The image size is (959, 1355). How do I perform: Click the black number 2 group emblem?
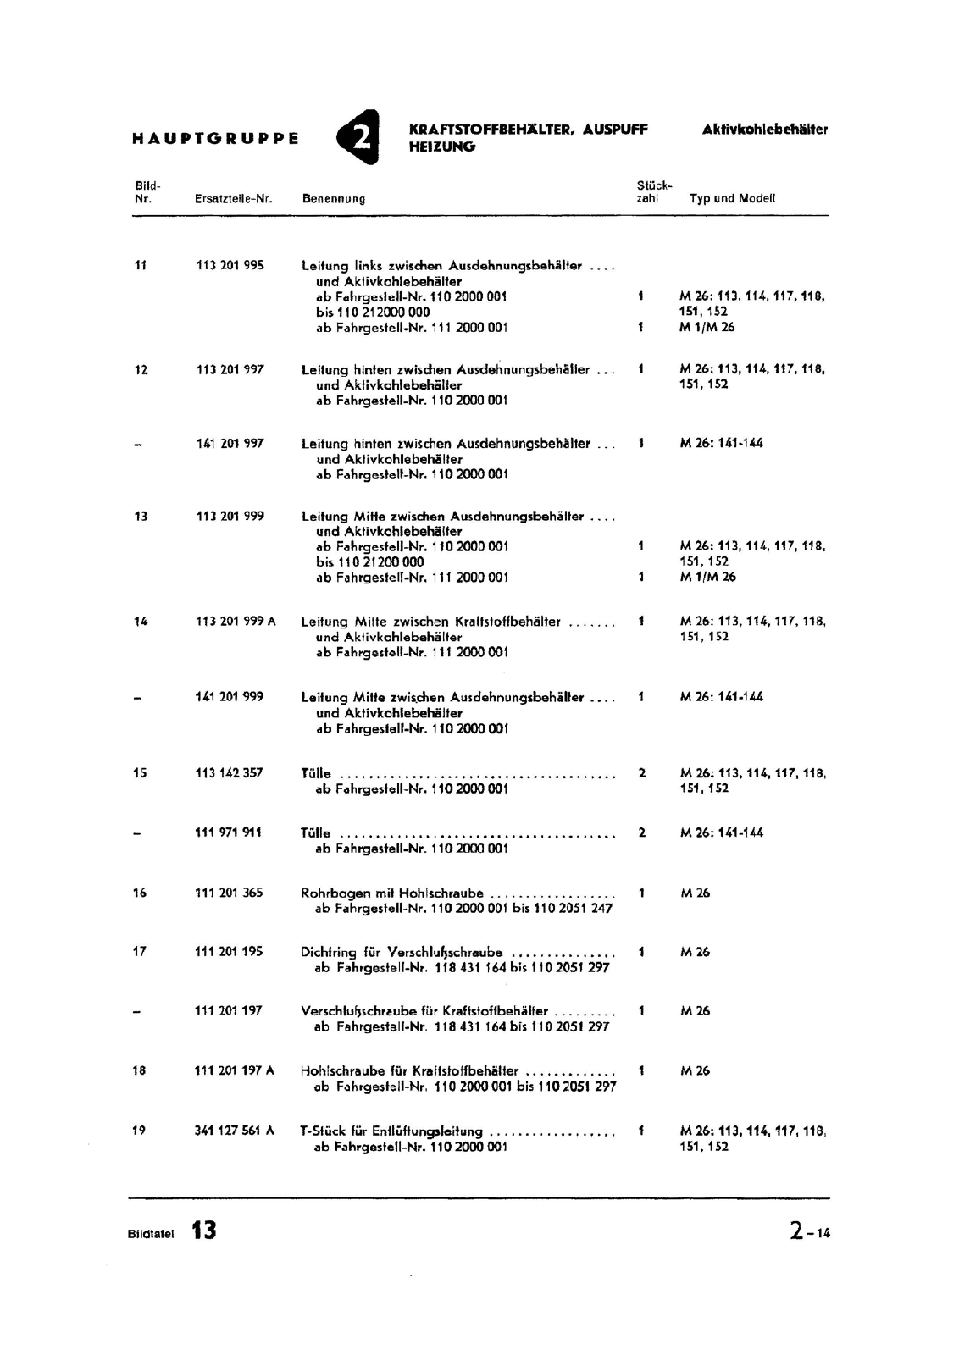(x=358, y=136)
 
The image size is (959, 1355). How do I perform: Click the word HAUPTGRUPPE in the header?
(x=216, y=138)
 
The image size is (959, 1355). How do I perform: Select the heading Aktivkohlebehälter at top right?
(x=764, y=130)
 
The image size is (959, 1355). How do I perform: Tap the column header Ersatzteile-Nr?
(x=233, y=199)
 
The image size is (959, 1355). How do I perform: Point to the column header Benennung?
(x=334, y=199)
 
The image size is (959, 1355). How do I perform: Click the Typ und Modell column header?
(x=732, y=199)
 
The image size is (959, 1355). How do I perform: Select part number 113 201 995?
(x=230, y=265)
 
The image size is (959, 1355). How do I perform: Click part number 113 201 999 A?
(x=236, y=622)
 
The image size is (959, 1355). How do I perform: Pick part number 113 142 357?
(x=229, y=773)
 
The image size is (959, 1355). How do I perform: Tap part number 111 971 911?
(x=229, y=832)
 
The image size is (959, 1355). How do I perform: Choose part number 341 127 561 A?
(x=235, y=1131)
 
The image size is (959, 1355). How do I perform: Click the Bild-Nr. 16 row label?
(x=140, y=893)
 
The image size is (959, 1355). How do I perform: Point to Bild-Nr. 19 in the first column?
(x=140, y=1131)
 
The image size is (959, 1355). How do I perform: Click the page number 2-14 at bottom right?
(x=810, y=1231)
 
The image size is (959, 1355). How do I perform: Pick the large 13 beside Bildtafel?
(x=203, y=1231)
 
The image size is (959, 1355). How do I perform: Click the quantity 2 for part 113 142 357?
(x=642, y=773)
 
